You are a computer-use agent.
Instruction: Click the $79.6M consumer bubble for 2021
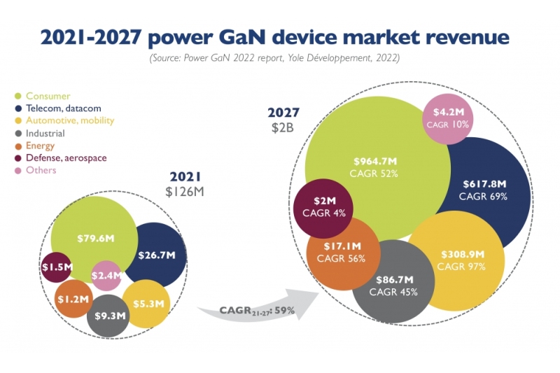pyautogui.click(x=94, y=238)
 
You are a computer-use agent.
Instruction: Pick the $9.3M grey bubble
pyautogui.click(x=108, y=316)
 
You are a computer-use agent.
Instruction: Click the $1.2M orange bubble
pyautogui.click(x=73, y=299)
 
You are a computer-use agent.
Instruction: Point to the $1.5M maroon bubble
pyautogui.click(x=56, y=267)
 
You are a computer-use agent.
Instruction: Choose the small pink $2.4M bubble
pyautogui.click(x=107, y=275)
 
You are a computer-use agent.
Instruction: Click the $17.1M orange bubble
pyautogui.click(x=342, y=253)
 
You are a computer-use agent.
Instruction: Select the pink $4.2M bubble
pyautogui.click(x=449, y=117)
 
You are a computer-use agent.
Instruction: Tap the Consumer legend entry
pyautogui.click(x=48, y=96)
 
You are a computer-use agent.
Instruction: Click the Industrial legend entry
pyautogui.click(x=45, y=133)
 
